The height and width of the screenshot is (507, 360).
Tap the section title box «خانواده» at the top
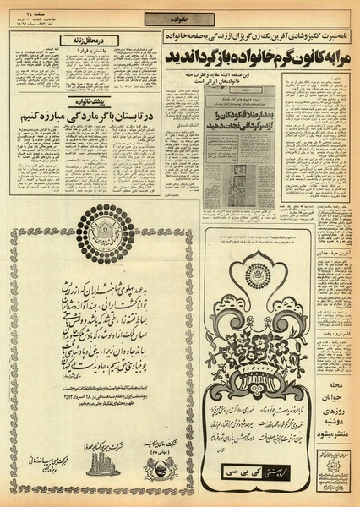pos(179,19)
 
